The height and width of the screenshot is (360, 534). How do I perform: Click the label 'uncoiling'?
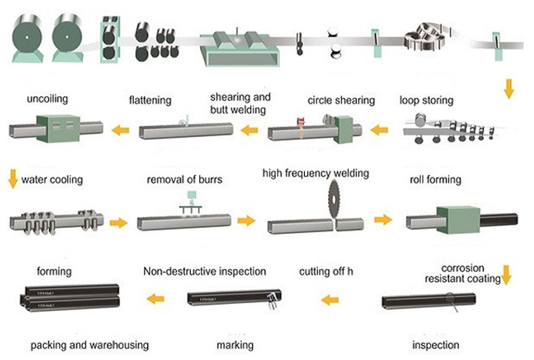pos(47,100)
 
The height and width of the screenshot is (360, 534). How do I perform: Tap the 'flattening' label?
pos(150,101)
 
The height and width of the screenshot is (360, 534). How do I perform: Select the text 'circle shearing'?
pos(341,101)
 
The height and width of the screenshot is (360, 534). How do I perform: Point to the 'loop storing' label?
pos(427,101)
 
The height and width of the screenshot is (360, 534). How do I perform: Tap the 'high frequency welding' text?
pos(316,173)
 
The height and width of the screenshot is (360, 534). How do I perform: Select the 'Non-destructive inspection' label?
pos(205,270)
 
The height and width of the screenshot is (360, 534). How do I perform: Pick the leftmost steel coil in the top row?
pos(27,36)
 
